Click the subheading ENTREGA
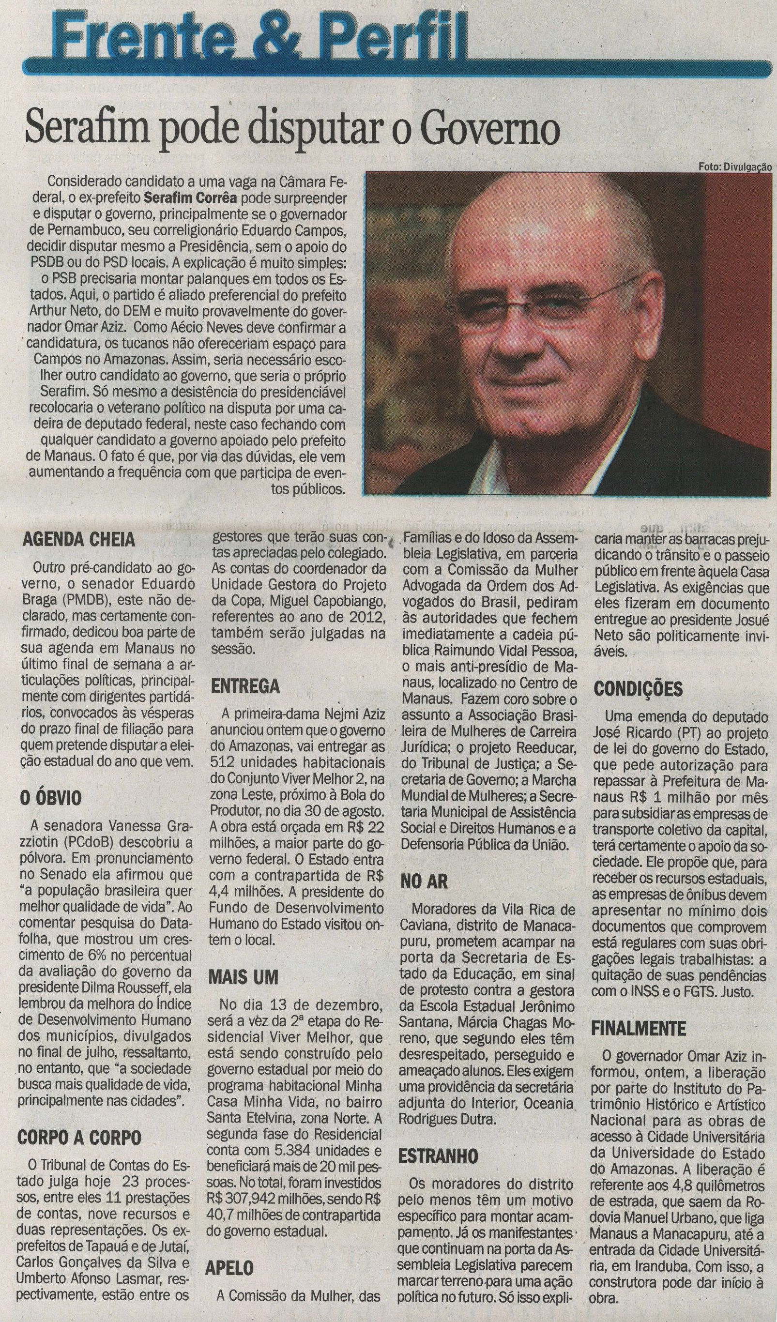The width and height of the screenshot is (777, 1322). click(245, 686)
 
